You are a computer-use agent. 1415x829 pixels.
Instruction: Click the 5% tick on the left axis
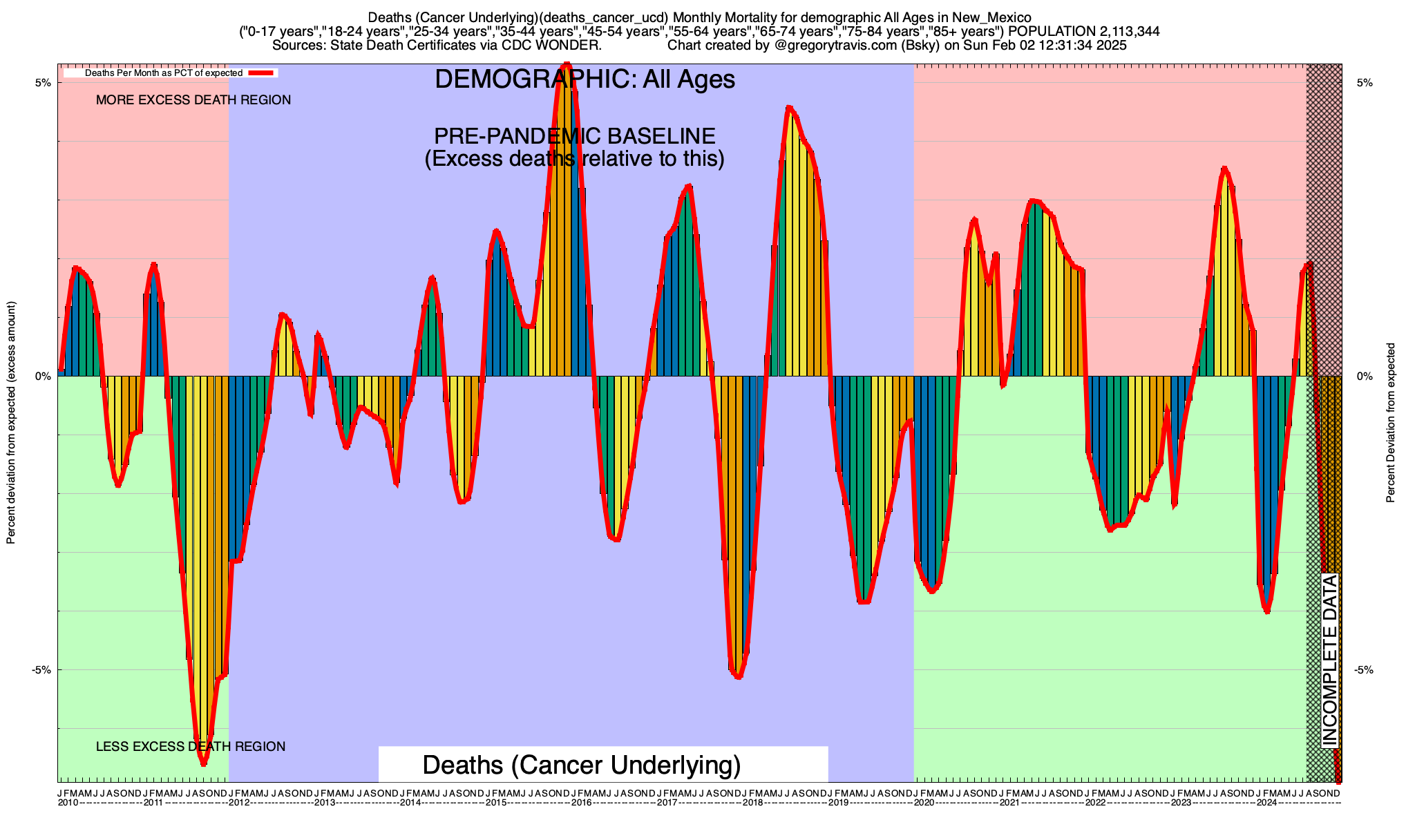point(43,83)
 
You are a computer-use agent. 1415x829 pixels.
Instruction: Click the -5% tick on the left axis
point(41,670)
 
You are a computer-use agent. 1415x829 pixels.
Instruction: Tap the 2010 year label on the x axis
point(68,803)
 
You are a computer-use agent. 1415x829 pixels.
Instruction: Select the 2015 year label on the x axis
point(495,803)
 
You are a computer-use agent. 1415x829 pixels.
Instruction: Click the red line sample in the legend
point(262,73)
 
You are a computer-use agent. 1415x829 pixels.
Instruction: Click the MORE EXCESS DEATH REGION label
point(193,100)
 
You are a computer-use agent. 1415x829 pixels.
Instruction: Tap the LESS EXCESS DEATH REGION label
point(191,747)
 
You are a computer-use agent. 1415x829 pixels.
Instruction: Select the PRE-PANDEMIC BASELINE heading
point(574,136)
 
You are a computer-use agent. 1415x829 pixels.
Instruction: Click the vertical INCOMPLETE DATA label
point(1330,660)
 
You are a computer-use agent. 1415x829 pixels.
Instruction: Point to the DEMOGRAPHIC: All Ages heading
point(585,79)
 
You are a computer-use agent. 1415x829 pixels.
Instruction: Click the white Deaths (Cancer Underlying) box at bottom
point(602,765)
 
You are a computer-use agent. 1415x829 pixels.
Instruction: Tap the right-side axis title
point(1390,423)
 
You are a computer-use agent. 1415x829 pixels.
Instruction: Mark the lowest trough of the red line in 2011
point(203,763)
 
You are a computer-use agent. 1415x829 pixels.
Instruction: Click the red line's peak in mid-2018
point(789,108)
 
